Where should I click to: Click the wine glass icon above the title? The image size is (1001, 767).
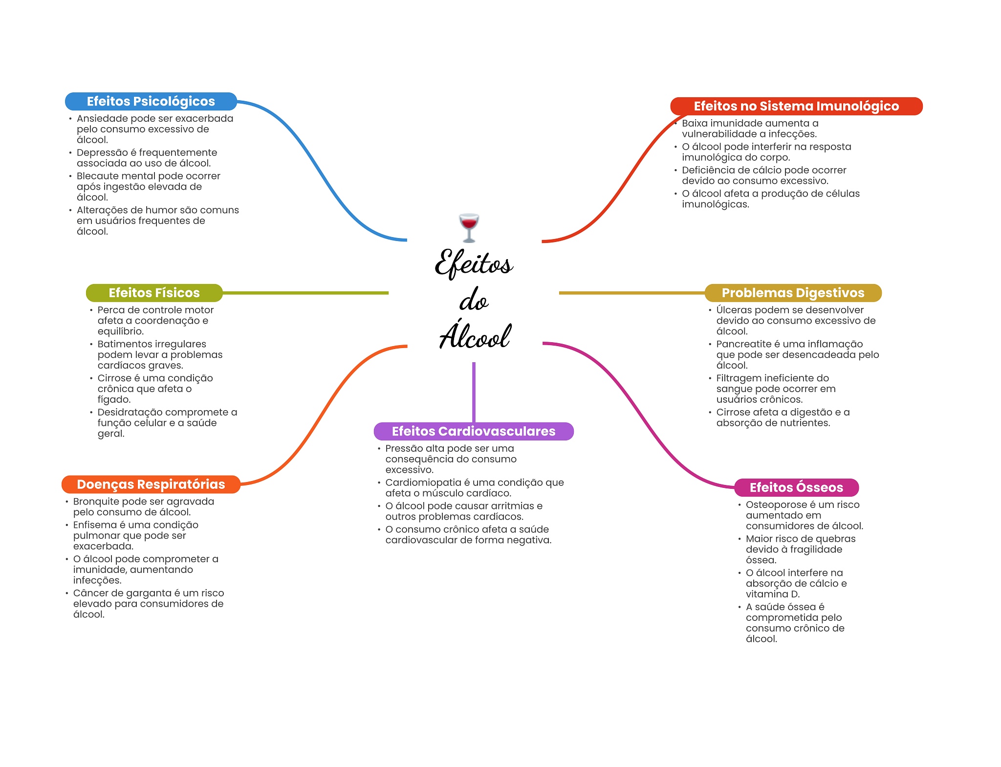[x=469, y=227]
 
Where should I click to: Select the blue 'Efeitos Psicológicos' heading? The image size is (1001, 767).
[x=151, y=101]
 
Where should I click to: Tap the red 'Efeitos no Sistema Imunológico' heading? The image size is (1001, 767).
[x=796, y=106]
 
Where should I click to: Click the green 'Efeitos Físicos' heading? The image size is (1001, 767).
[x=154, y=293]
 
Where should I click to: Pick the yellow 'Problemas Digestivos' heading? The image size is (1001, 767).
[x=793, y=293]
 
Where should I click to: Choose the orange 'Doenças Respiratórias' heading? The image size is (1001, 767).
[x=151, y=484]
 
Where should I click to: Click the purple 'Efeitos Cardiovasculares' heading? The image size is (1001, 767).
[x=473, y=431]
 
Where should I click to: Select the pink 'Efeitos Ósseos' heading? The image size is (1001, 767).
[x=796, y=487]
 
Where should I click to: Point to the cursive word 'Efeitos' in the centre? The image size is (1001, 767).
[x=474, y=263]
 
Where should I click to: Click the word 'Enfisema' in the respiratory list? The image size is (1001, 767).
[x=95, y=525]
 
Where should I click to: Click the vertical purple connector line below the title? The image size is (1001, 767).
[x=474, y=391]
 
